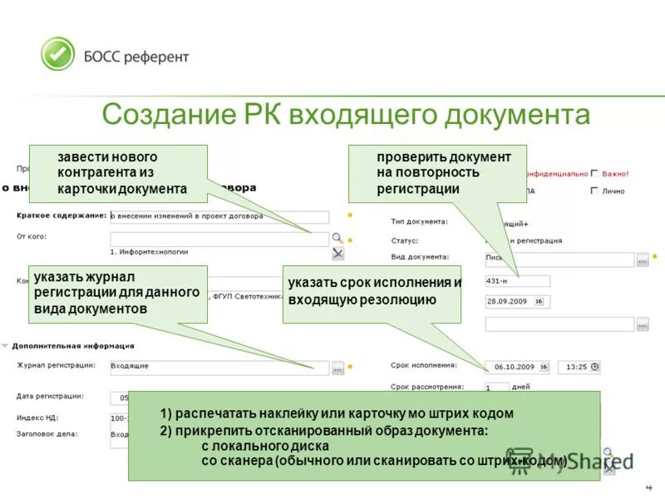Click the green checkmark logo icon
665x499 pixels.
(x=58, y=54)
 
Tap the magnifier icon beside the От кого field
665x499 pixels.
(x=337, y=238)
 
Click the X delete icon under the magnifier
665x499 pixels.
(x=337, y=253)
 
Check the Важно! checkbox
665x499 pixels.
(x=594, y=174)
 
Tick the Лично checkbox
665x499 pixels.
(x=594, y=190)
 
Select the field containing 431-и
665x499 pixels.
(x=517, y=281)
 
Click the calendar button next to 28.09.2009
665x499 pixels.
(x=539, y=301)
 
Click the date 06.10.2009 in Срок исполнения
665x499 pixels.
(x=515, y=366)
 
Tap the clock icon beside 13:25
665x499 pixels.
(x=594, y=366)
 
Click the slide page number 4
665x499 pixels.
(x=648, y=487)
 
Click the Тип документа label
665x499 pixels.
(x=419, y=221)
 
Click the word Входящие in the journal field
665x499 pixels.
(x=131, y=365)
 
